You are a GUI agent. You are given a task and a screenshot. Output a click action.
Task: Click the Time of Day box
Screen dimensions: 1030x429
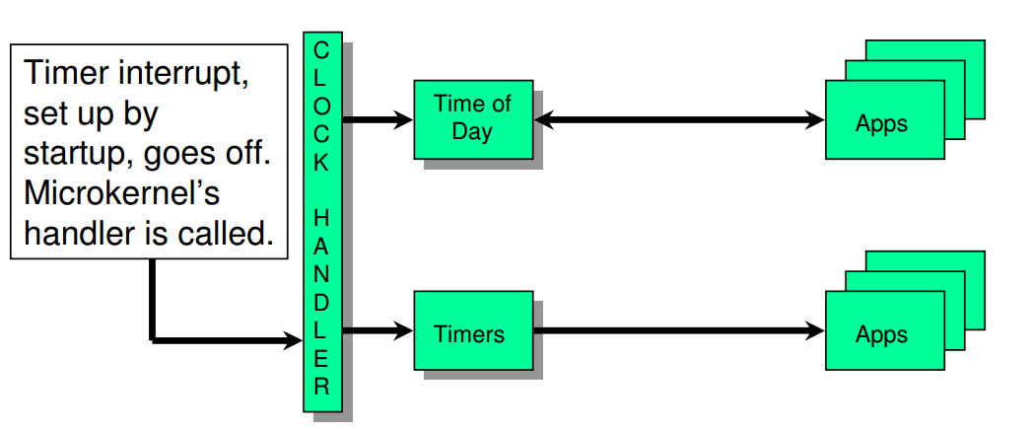pos(473,119)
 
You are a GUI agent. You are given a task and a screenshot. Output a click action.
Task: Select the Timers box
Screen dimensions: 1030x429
pos(473,330)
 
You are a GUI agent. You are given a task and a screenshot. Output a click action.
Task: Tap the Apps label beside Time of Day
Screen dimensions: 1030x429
pos(881,123)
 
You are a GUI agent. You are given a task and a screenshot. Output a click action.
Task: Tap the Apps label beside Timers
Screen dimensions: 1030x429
pos(881,334)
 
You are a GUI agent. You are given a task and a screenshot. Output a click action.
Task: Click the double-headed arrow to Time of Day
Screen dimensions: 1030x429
pos(679,119)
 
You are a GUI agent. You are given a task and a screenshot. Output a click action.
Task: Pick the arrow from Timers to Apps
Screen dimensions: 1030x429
pos(679,330)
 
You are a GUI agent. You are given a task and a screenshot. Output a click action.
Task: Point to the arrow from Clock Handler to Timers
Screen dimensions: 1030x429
pos(378,330)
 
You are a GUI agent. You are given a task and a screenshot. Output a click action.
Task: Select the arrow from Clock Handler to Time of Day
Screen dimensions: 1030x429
pos(378,119)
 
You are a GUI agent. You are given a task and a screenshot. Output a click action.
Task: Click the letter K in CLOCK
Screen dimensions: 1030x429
pos(321,163)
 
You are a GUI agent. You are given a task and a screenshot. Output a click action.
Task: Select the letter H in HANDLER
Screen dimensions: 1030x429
pos(321,218)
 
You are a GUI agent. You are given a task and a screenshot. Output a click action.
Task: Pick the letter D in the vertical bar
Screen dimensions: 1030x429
pos(321,303)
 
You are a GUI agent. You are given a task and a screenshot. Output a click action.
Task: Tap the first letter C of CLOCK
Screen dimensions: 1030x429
pos(321,50)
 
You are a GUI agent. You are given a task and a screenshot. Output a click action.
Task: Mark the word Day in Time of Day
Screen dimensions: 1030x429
pos(472,131)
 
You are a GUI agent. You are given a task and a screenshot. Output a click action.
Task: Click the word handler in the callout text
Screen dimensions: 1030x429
pos(79,234)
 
